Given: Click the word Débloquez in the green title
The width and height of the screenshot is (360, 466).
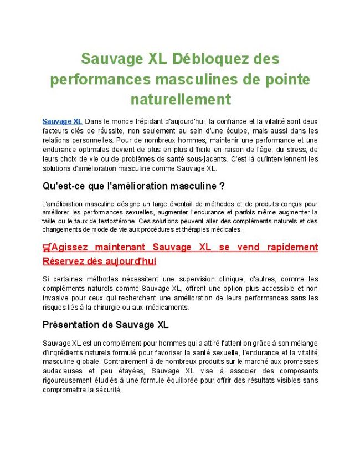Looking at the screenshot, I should pyautogui.click(x=204, y=58).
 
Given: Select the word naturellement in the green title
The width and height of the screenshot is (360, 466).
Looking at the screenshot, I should pyautogui.click(x=180, y=99).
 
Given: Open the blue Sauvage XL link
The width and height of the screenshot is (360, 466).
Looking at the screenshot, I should pyautogui.click(x=62, y=121).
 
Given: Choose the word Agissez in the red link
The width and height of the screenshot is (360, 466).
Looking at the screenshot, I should pyautogui.click(x=71, y=247).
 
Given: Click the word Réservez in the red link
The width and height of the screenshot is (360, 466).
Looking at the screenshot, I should pyautogui.click(x=61, y=261).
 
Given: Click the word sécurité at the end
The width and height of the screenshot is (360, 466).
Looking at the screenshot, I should pyautogui.click(x=107, y=390).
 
